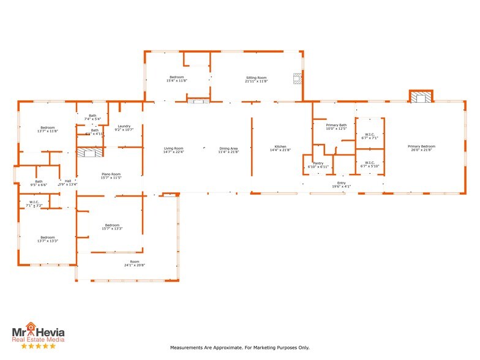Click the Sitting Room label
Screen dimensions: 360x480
tap(256, 78)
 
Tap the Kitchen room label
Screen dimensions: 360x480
tap(280, 148)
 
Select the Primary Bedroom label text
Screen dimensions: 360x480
tap(422, 147)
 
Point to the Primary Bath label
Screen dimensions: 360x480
tap(336, 125)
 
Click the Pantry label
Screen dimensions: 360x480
tap(318, 163)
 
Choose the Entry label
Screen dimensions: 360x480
tap(341, 182)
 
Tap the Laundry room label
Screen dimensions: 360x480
tap(124, 126)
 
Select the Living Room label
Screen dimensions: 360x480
tap(173, 148)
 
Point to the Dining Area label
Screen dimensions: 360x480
tap(229, 148)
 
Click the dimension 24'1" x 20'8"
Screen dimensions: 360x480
tap(134, 264)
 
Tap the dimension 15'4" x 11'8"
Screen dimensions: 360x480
tap(177, 80)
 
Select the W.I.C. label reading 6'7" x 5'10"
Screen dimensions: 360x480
tap(370, 163)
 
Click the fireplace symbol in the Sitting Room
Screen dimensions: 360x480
tap(297, 78)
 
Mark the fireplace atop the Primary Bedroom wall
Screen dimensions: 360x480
tap(421, 97)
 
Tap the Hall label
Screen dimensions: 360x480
tap(68, 181)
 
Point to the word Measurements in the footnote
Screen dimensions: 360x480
tap(187, 348)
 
